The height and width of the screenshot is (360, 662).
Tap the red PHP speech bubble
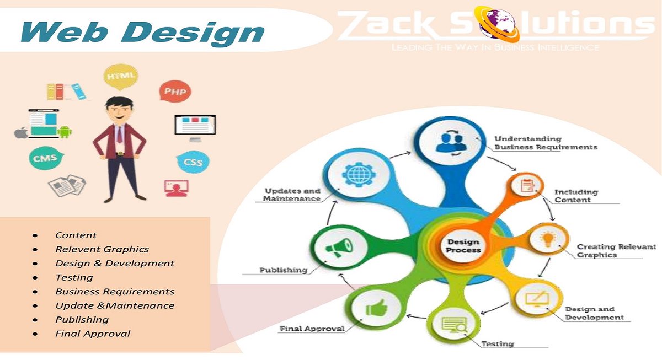[175, 91]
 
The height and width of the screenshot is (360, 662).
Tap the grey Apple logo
[21, 133]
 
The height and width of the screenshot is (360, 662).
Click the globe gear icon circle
[353, 175]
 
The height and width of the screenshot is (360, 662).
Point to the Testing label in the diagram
[498, 343]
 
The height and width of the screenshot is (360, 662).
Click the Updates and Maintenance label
[292, 195]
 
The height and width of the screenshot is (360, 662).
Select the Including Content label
[576, 196]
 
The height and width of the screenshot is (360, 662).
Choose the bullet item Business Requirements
[115, 291]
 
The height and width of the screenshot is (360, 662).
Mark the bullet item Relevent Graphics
[102, 249]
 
